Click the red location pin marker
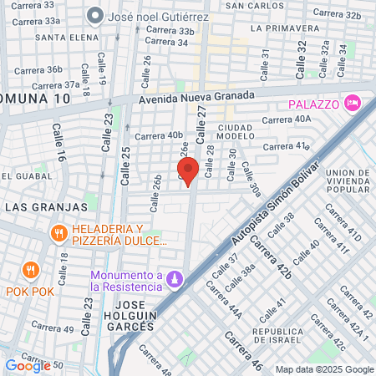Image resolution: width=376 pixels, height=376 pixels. point(188,170)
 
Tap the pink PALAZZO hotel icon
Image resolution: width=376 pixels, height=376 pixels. point(353,102)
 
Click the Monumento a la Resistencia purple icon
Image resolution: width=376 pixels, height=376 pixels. point(175,278)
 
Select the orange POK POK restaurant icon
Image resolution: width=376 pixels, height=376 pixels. point(31,270)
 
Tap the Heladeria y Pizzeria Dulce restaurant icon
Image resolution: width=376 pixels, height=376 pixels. point(58,232)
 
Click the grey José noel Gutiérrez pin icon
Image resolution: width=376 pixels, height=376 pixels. point(96,15)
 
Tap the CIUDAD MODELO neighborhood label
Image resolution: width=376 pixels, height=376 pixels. point(236,131)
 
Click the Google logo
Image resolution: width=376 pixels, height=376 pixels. point(28,365)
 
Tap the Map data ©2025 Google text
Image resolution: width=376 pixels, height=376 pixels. point(325,369)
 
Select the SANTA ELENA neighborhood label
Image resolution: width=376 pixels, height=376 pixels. point(63,38)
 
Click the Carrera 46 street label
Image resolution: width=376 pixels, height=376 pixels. point(243,351)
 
